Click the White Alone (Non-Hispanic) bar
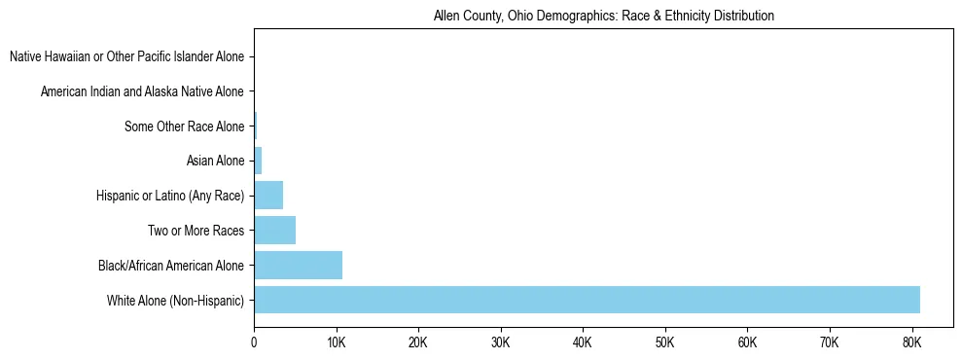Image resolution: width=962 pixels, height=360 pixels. point(587,300)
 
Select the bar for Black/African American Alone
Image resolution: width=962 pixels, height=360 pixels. point(298,266)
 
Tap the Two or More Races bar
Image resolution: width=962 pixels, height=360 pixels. point(274,231)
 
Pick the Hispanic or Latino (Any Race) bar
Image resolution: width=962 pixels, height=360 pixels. point(268,196)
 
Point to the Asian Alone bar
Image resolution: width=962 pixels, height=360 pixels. point(258,162)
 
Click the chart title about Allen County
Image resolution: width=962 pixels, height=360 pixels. point(603,17)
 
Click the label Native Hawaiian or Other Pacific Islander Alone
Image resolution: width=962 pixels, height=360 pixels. point(126,57)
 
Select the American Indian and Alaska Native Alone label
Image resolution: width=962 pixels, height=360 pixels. point(142,92)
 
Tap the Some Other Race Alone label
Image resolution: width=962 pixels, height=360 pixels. point(184,126)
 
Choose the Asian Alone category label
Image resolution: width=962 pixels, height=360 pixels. point(215,162)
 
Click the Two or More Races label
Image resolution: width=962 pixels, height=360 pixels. point(196,231)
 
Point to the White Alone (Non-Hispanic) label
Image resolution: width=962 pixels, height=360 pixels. point(176,301)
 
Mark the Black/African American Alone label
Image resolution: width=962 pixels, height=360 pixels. point(171,266)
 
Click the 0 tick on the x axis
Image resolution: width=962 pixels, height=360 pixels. point(254,342)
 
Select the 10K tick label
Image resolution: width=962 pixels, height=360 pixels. point(336,342)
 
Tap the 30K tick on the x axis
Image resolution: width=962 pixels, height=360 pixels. point(500,342)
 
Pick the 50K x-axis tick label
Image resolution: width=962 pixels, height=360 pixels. point(664,342)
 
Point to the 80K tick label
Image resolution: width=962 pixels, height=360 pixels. point(911,342)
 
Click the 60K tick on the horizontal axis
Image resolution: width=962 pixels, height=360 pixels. point(747,342)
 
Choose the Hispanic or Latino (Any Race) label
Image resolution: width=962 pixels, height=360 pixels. point(170,197)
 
